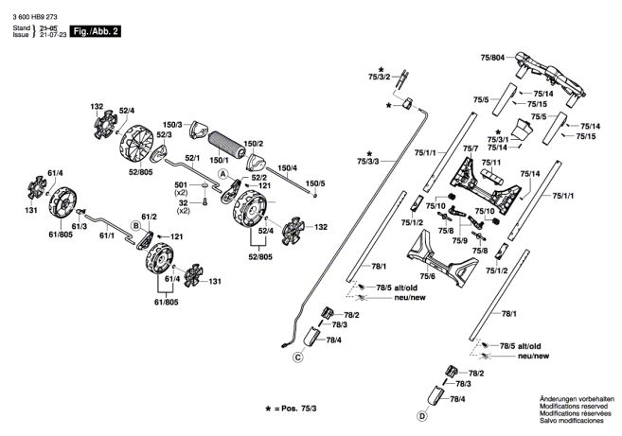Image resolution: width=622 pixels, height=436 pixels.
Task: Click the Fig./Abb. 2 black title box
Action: point(96,31)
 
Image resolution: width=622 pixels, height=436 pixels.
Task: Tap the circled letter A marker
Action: point(223,174)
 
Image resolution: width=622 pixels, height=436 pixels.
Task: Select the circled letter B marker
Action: point(136,226)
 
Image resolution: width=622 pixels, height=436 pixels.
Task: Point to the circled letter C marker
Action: point(297,358)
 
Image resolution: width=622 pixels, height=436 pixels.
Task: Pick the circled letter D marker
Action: point(422,416)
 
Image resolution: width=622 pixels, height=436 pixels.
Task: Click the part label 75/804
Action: point(492,58)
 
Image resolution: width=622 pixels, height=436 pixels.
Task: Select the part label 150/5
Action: point(315,183)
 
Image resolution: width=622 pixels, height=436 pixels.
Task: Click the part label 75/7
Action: point(471,148)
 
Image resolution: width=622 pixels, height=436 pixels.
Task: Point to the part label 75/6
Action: point(428,276)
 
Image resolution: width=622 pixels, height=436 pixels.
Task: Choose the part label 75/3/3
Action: point(367,161)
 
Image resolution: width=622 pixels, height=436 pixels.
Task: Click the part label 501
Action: point(181,185)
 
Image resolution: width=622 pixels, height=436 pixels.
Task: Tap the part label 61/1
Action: point(107,235)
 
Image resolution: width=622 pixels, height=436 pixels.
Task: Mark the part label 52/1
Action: point(192,158)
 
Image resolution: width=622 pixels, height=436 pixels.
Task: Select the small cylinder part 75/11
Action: point(492,177)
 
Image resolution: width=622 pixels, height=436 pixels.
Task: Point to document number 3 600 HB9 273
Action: point(35,17)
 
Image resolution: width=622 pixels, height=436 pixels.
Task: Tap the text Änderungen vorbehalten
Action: point(577,399)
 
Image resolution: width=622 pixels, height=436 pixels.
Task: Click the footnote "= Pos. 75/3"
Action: point(295,409)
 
